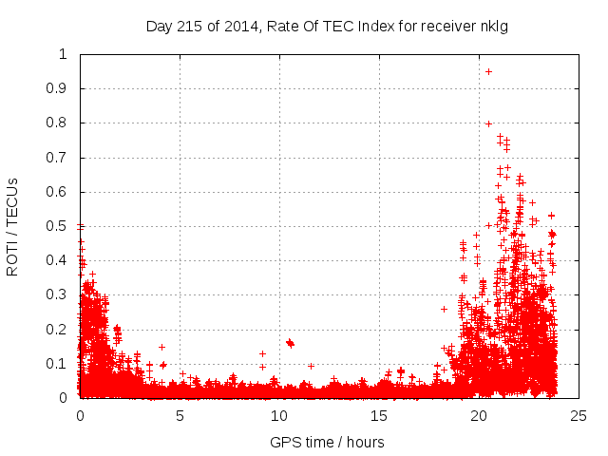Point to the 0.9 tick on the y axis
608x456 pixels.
[62, 88]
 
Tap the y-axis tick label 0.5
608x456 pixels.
[62, 226]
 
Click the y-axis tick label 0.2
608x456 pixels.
[62, 330]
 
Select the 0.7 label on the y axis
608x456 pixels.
[62, 158]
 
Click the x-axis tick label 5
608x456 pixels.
[180, 415]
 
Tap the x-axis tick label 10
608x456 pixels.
[279, 415]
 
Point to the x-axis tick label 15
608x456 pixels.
[379, 415]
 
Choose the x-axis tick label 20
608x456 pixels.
[479, 415]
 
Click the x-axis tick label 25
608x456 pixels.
[579, 415]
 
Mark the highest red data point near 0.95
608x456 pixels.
[488, 71]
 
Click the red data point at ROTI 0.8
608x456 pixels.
[488, 123]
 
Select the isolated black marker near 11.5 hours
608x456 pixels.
[311, 366]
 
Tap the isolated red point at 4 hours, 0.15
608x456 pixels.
[161, 347]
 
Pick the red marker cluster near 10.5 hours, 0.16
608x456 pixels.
[290, 343]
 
